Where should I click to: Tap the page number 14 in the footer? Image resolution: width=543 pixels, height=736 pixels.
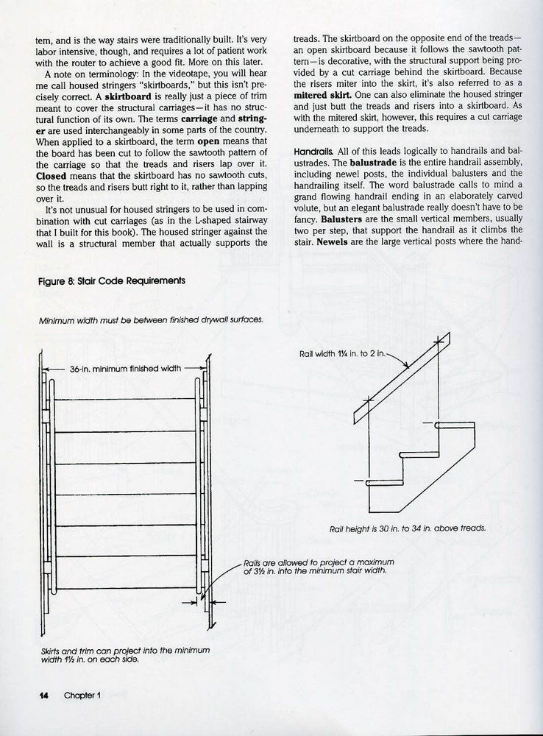(43, 696)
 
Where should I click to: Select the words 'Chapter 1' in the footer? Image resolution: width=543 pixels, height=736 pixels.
(82, 696)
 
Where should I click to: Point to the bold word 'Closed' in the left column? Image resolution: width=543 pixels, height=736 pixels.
(52, 177)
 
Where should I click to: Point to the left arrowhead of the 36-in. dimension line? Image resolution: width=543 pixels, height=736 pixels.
(46, 368)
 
